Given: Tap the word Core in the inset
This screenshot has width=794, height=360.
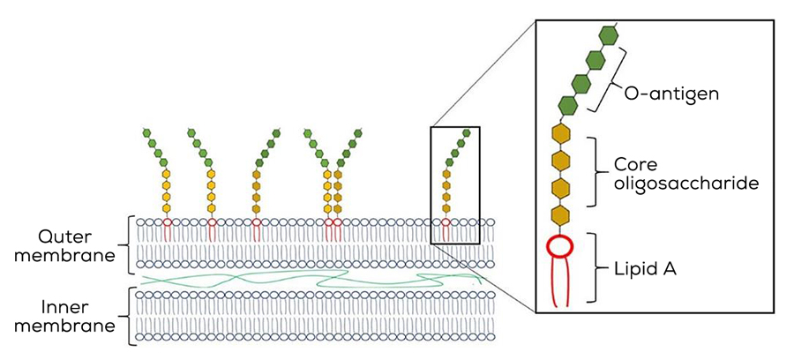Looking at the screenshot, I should pyautogui.click(x=636, y=165).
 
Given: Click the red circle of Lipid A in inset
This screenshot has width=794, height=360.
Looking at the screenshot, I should pyautogui.click(x=558, y=247).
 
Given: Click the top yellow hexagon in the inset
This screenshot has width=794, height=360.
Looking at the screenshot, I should pyautogui.click(x=558, y=133).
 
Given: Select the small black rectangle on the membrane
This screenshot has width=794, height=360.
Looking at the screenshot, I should pyautogui.click(x=455, y=184).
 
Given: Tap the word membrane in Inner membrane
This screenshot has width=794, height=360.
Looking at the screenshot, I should pyautogui.click(x=78, y=326).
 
